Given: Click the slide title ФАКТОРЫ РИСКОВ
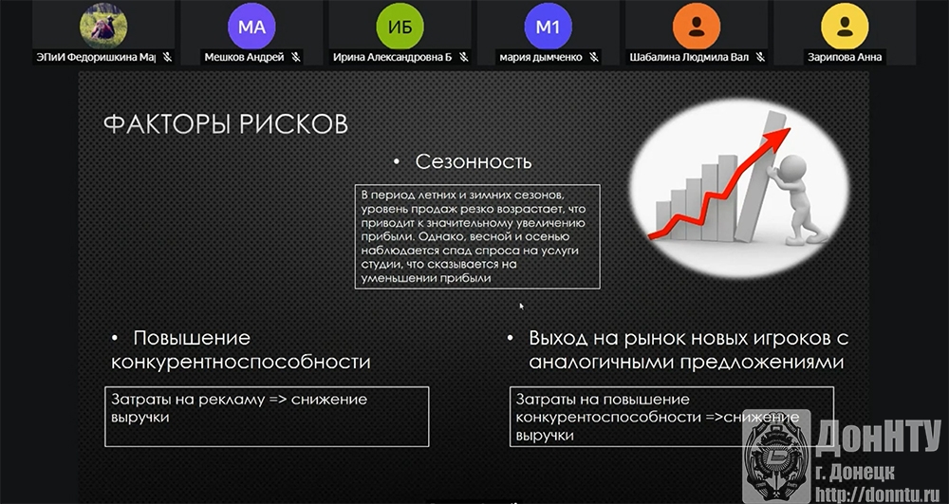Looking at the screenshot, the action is click(226, 124).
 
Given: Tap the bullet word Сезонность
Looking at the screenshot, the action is click(474, 162).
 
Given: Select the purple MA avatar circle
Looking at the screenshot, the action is click(251, 26).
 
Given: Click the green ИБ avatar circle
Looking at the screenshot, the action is click(400, 26).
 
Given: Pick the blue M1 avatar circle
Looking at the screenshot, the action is click(548, 26).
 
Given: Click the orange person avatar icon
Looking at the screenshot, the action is click(696, 26).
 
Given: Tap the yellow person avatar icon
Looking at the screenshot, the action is click(845, 26).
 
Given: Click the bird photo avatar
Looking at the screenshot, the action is click(103, 26).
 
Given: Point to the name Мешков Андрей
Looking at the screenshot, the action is click(244, 58).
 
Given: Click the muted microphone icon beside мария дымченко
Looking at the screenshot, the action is click(594, 58).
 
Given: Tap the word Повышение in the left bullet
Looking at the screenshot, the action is click(192, 338).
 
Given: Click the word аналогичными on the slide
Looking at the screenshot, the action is click(601, 362).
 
